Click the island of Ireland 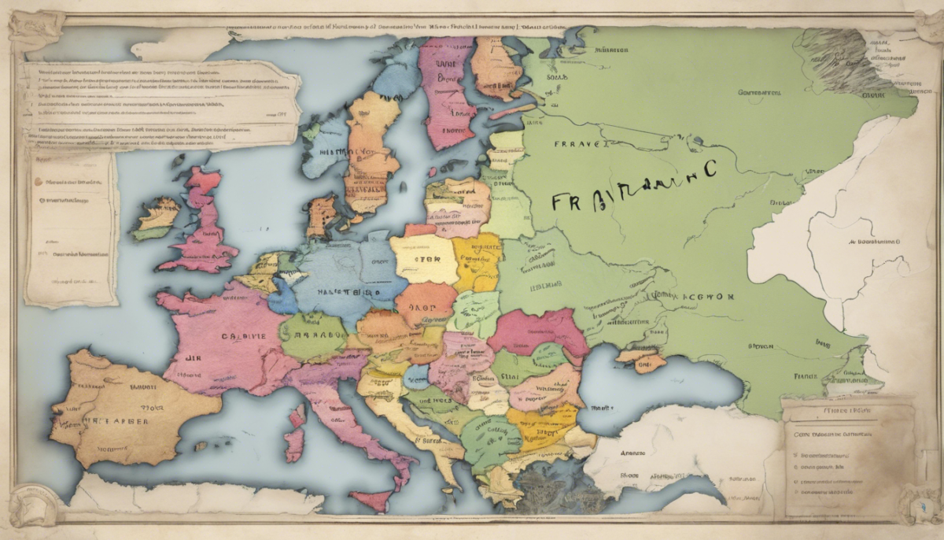point(157,217)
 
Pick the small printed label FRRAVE point(580,145)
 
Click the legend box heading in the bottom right point(848,410)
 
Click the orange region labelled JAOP point(426,303)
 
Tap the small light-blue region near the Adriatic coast point(416,375)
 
